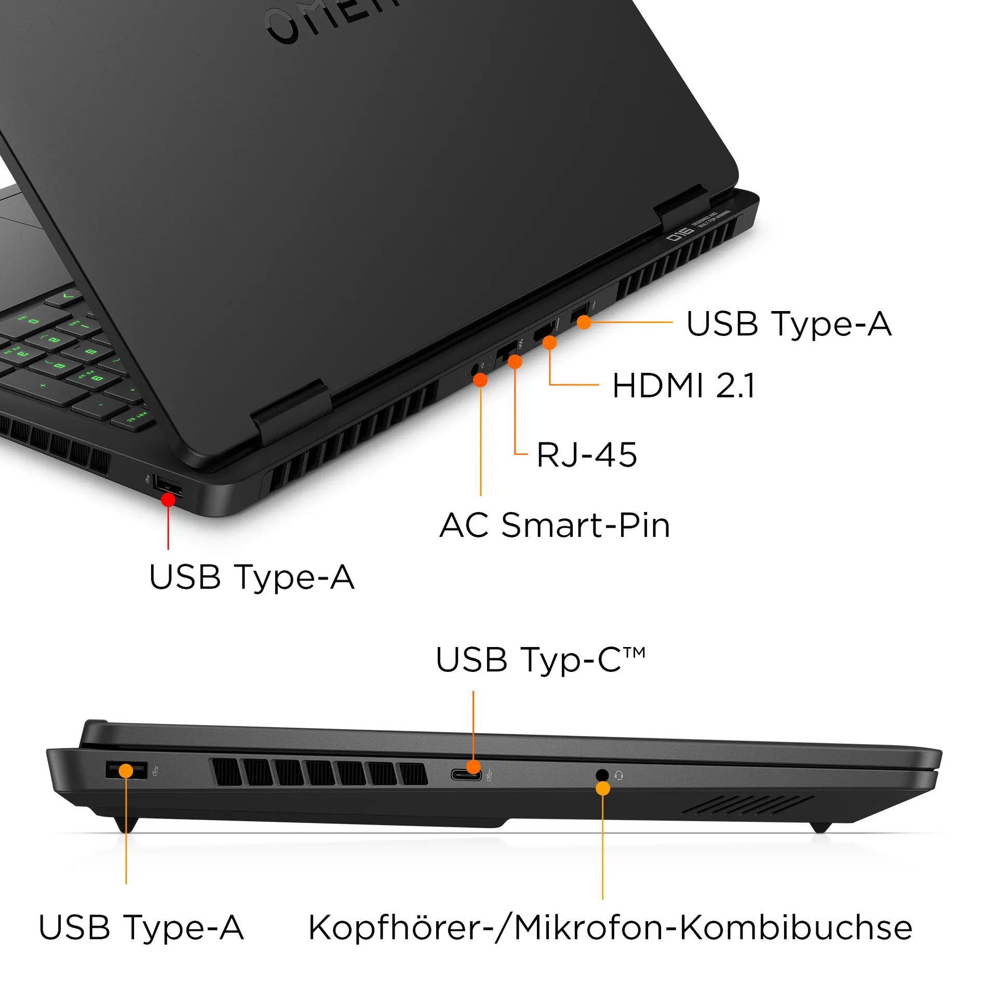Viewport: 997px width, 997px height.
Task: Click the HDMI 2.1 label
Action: (x=683, y=385)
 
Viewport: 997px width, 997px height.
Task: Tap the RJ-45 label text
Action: (x=586, y=455)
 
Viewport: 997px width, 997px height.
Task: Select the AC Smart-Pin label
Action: (x=555, y=525)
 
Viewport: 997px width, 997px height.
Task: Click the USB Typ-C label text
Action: (x=540, y=660)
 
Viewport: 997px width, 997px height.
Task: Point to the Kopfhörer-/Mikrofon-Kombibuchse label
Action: (x=610, y=928)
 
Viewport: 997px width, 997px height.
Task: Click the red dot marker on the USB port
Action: (x=168, y=500)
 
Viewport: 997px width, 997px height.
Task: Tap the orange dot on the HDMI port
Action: (x=549, y=343)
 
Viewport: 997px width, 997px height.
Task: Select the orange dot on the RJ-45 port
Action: (x=515, y=361)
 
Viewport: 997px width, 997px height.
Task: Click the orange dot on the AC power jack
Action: (x=480, y=380)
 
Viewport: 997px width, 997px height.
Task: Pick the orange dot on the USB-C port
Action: (x=473, y=766)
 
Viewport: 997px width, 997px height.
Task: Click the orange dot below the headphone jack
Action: (x=602, y=788)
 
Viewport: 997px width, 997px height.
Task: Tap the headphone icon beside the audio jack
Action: (x=618, y=775)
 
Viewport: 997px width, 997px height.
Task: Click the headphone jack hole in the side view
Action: (x=602, y=775)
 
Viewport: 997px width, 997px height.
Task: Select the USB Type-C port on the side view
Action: (x=466, y=776)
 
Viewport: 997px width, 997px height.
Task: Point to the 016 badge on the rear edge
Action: (x=680, y=235)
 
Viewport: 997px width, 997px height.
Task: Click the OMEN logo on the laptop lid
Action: (x=332, y=21)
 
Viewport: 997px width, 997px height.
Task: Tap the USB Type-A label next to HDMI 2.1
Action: (x=789, y=324)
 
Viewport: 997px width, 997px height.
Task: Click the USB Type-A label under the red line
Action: (x=252, y=577)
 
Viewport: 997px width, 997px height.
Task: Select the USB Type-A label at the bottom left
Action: (x=141, y=928)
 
